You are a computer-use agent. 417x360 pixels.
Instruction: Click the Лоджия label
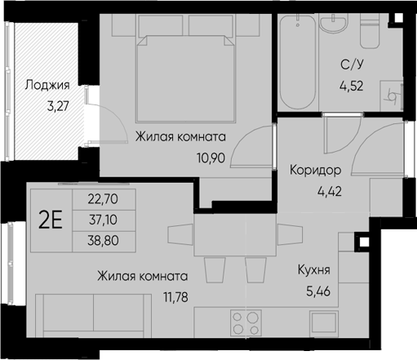click(47, 86)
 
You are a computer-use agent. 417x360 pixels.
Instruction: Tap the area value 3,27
click(58, 106)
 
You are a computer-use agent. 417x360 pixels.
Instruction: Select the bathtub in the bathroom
click(298, 62)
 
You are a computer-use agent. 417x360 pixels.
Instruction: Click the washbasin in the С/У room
click(334, 22)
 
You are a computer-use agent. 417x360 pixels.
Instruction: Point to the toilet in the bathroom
click(370, 31)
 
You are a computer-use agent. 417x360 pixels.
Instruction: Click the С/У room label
click(352, 65)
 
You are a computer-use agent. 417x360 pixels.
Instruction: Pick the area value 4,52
click(352, 86)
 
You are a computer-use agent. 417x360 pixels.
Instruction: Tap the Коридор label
click(315, 171)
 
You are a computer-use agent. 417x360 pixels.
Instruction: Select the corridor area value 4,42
click(330, 191)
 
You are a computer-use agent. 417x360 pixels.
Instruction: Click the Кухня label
click(314, 269)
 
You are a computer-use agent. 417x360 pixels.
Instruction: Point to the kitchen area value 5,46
click(318, 291)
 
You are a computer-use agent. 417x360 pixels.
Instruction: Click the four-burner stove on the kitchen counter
click(246, 323)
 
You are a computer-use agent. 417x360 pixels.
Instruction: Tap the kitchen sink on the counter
click(324, 322)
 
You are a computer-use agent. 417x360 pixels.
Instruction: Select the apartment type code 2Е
click(51, 220)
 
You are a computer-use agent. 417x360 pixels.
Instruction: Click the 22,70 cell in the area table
click(103, 199)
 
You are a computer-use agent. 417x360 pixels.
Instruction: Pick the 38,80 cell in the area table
click(103, 241)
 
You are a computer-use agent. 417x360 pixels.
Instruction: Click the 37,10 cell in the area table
click(103, 220)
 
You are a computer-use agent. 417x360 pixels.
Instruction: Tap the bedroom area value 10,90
click(211, 158)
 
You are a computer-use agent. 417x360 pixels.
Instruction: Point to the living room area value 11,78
click(175, 297)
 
